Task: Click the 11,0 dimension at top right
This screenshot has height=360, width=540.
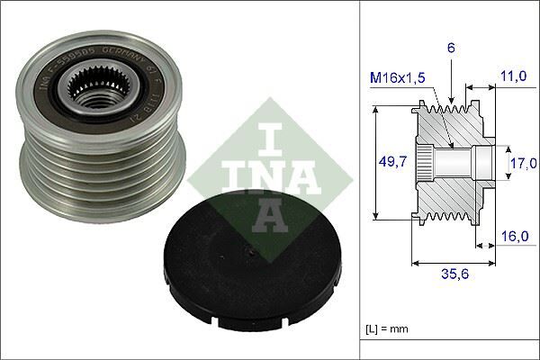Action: [x=514, y=77]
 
